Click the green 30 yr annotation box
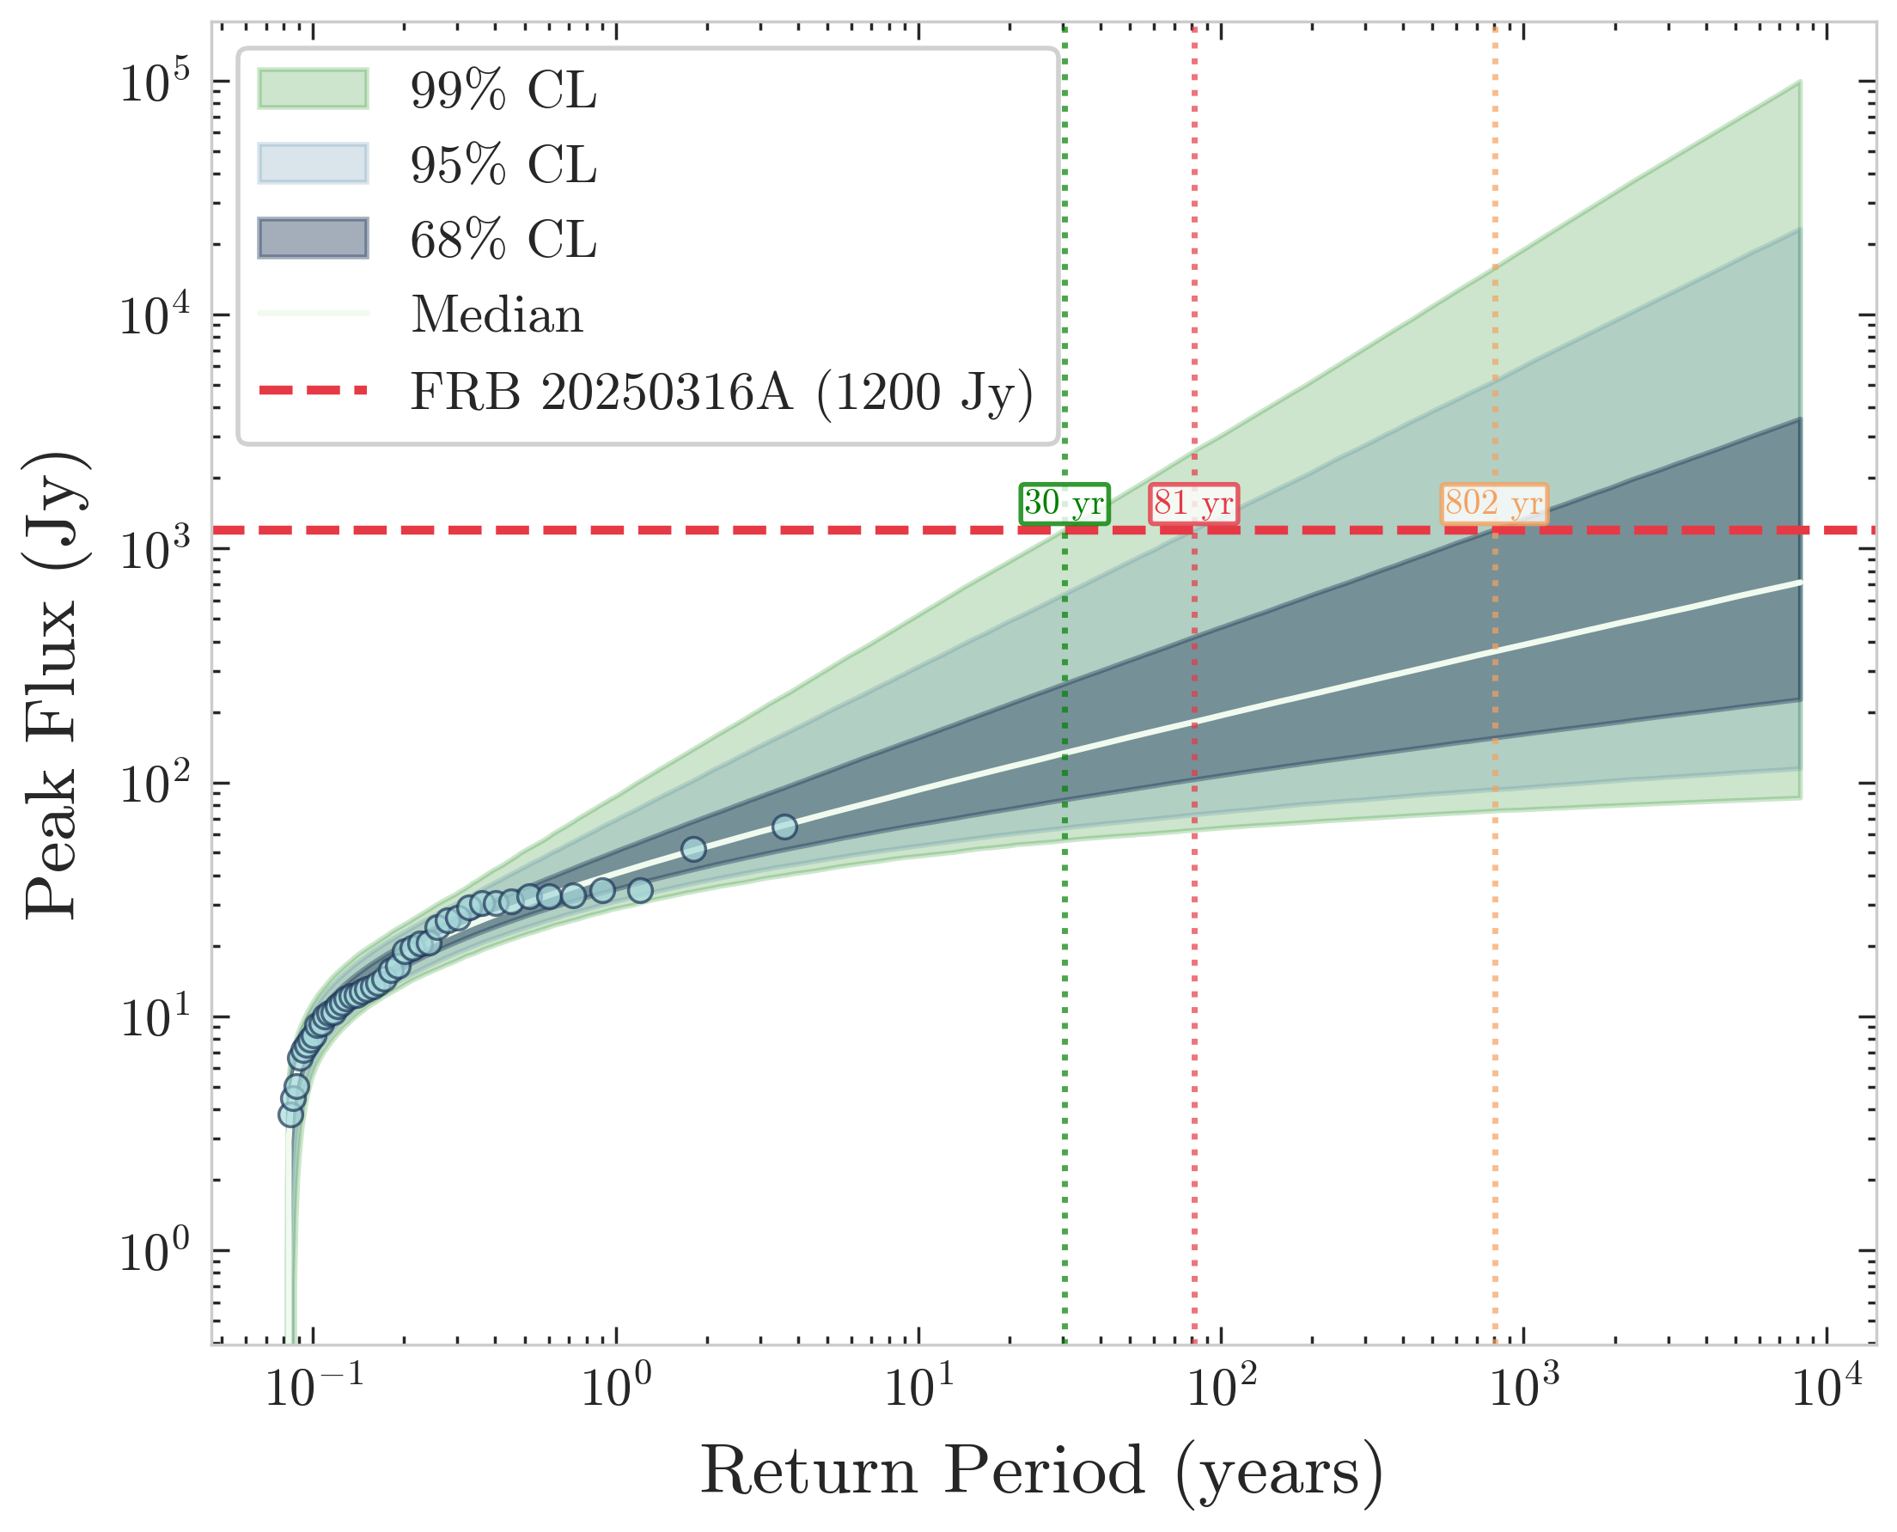pos(1064,504)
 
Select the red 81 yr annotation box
pos(1193,504)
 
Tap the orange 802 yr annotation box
pos(1494,504)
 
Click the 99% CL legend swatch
pos(314,89)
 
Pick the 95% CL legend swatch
pos(314,163)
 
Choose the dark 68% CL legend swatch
pos(314,238)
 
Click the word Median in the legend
pos(497,314)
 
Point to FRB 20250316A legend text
pos(722,391)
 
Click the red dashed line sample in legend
pos(314,389)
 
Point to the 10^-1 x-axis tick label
pos(314,1389)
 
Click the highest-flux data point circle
pos(784,827)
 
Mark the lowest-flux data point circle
pos(290,1114)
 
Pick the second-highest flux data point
pos(693,849)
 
